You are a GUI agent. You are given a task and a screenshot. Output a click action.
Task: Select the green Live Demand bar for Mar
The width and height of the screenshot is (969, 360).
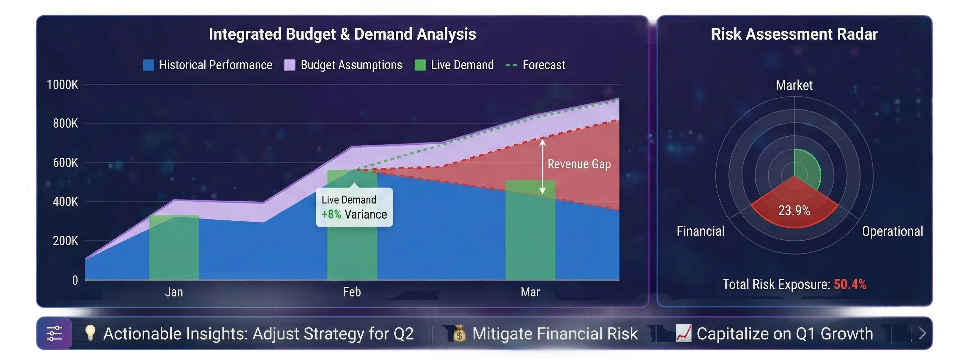click(x=530, y=230)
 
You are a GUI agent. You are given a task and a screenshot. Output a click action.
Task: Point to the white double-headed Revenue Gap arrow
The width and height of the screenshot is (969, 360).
click(x=542, y=167)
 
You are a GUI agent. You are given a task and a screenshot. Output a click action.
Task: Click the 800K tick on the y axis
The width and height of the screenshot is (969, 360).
click(x=65, y=123)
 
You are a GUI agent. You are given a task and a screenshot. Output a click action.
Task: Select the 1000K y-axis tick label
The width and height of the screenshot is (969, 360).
click(x=62, y=85)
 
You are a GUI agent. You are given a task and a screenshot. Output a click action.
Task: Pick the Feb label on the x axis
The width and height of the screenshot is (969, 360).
click(x=352, y=292)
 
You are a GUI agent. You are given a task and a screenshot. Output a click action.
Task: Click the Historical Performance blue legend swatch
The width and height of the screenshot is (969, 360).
click(x=149, y=65)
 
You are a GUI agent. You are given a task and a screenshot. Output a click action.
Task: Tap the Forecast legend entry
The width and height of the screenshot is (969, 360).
click(x=535, y=65)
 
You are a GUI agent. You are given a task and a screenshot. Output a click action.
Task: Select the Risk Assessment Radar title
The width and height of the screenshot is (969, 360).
click(x=794, y=34)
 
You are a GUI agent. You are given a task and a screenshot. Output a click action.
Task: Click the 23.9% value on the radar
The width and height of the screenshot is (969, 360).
click(x=794, y=211)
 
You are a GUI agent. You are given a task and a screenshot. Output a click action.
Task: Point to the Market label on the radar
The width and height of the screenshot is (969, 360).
click(x=794, y=85)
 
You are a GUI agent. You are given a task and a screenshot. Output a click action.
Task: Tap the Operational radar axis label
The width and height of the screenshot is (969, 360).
click(x=892, y=231)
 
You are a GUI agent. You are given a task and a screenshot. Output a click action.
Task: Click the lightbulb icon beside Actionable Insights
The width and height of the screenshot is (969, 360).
click(x=90, y=333)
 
